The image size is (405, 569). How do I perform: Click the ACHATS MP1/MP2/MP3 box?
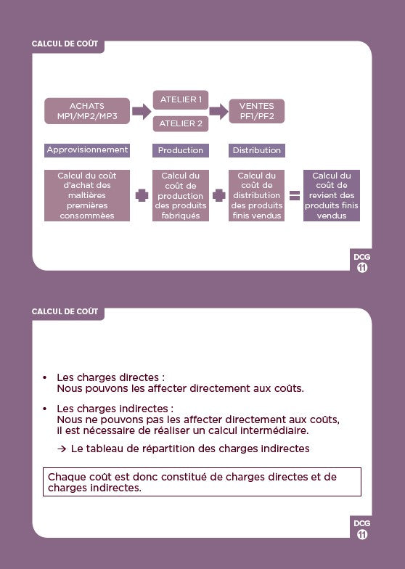coord(87,111)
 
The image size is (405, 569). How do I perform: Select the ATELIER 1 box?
coord(181,100)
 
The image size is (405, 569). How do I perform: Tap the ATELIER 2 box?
coord(181,123)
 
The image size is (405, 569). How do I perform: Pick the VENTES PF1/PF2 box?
coord(257,111)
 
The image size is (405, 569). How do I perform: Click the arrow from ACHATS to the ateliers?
coord(142,111)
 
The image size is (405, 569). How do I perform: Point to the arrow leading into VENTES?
coord(219,111)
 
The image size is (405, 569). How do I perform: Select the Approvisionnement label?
coord(87,150)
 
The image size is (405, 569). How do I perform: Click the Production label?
coord(181,150)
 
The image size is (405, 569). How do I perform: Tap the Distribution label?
coord(257,150)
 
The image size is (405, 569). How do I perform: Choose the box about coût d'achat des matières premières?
coord(87,196)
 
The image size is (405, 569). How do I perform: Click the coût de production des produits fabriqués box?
coord(181,196)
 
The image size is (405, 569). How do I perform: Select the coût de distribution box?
coord(257,196)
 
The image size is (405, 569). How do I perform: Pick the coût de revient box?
coord(332,196)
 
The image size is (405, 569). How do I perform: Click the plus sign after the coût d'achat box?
coord(142,196)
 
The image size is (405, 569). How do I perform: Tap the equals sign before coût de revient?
coord(295,196)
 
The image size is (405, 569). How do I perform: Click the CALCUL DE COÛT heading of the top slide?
coord(65,44)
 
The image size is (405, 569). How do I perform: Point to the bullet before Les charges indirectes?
coord(45,409)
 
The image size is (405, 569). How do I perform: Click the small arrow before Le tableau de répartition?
coord(62,449)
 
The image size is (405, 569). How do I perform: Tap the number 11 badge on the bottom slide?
coord(362,534)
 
